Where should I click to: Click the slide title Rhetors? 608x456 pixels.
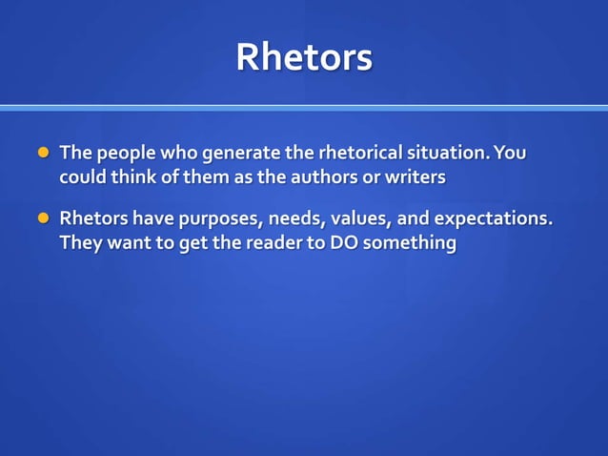[x=304, y=57]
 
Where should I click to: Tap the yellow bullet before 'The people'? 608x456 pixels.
[x=42, y=153]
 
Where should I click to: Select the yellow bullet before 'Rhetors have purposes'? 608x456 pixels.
[x=42, y=218]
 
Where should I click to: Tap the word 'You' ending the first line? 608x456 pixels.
[x=511, y=153]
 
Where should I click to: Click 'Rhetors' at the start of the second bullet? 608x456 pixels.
[x=93, y=218]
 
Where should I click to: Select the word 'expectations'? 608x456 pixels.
[x=493, y=219]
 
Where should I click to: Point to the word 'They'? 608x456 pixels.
[x=81, y=243]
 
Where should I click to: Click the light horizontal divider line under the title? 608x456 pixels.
[x=304, y=108]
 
